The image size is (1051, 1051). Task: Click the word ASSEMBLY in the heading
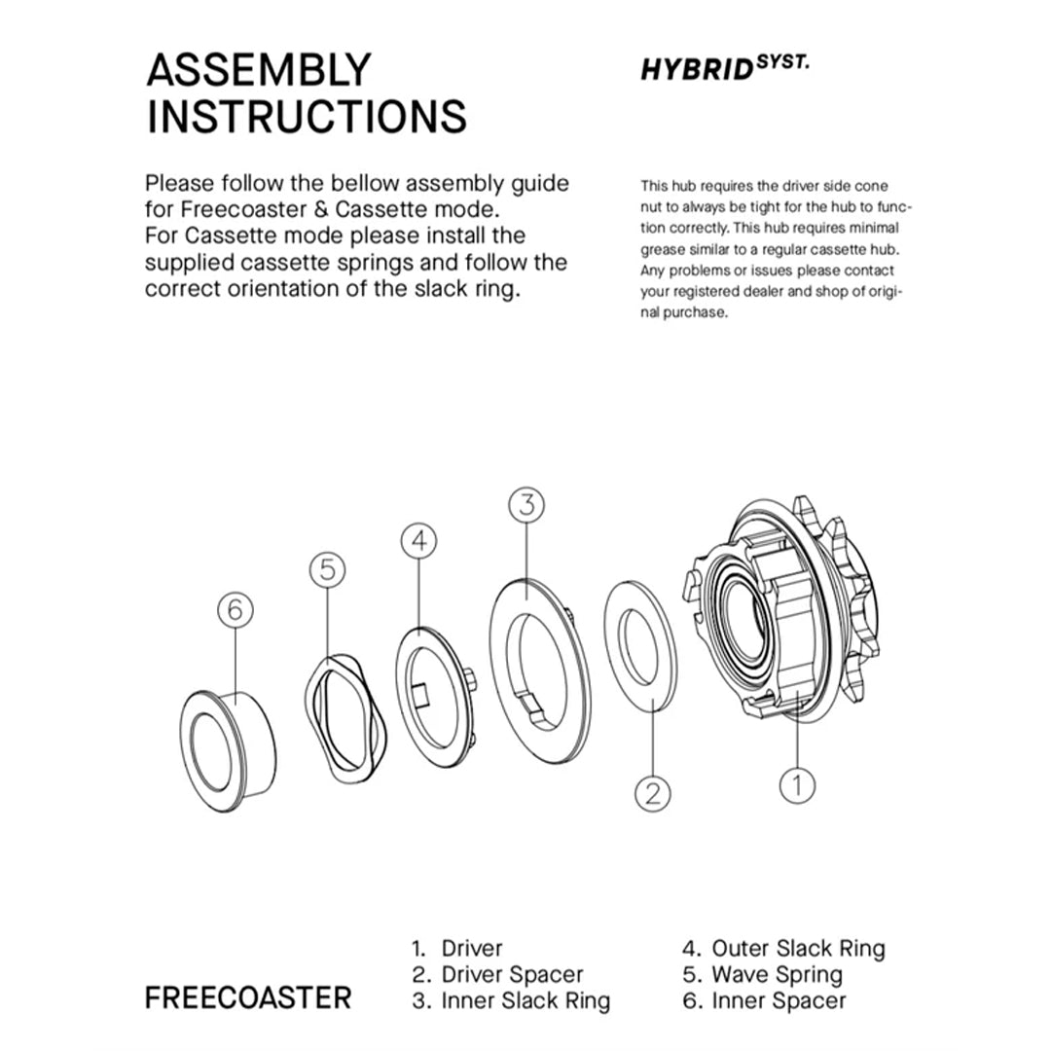[x=258, y=71]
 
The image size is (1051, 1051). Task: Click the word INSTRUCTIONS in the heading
[x=306, y=116]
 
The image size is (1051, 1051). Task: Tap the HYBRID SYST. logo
[x=724, y=69]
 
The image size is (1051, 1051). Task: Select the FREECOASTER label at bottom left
[x=248, y=997]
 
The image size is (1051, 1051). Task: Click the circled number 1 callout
[x=797, y=784]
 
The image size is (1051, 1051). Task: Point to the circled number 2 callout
[x=653, y=792]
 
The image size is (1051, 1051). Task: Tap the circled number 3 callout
[x=526, y=504]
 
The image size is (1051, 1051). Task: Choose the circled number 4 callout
[x=419, y=541]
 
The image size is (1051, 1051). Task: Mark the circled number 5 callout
[x=328, y=569]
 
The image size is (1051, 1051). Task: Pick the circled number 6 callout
[x=235, y=610]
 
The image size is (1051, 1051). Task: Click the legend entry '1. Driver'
[x=457, y=948]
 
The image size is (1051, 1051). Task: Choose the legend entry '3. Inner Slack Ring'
[x=511, y=1000]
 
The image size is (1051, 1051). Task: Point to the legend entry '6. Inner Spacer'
[x=764, y=1000]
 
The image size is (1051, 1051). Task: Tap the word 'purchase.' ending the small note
[x=697, y=313]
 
